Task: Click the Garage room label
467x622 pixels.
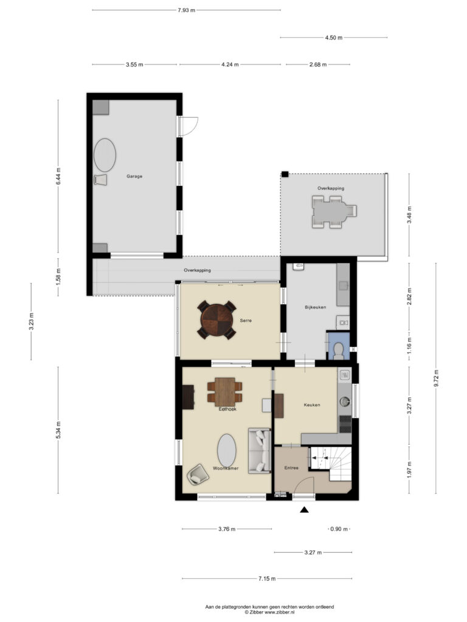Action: click(x=134, y=176)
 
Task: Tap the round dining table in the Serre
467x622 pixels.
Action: click(x=217, y=320)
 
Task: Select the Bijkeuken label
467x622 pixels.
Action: click(x=316, y=307)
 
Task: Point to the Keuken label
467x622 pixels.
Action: click(x=312, y=405)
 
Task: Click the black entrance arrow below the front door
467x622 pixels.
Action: click(x=304, y=510)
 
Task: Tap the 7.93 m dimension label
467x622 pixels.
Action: click(x=186, y=10)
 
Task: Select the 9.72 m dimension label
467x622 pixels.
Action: click(x=436, y=378)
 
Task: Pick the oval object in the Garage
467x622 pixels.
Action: click(x=105, y=155)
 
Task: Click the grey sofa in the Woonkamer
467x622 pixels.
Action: click(x=260, y=450)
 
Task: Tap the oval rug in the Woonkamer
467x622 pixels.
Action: click(x=227, y=450)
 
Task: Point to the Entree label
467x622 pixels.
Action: click(x=291, y=468)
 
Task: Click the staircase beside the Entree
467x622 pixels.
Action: click(x=330, y=463)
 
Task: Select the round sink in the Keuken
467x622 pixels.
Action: click(x=344, y=402)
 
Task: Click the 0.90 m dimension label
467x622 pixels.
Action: click(x=339, y=529)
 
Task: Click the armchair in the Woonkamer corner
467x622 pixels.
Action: click(x=198, y=474)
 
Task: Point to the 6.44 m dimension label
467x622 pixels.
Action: click(x=58, y=176)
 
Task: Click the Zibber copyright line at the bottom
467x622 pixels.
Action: click(x=269, y=612)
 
